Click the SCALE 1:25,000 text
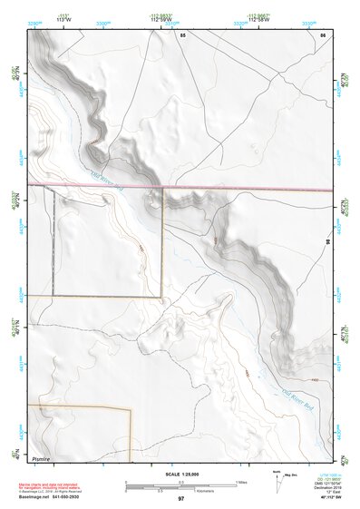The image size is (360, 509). click(180, 474)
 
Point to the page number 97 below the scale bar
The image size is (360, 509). click(180, 498)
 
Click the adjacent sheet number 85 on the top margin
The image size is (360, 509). click(181, 34)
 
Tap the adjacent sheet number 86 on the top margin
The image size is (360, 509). click(323, 34)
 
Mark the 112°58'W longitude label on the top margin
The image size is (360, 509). click(254, 20)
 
